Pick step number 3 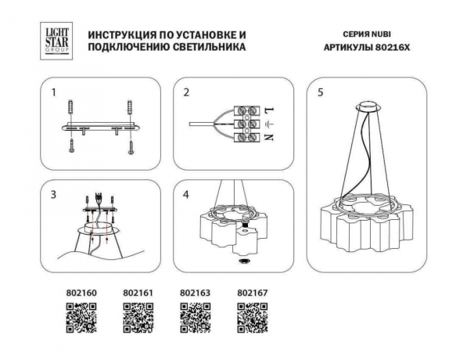click(53, 193)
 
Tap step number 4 click(186, 193)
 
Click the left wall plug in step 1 click(72, 106)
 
